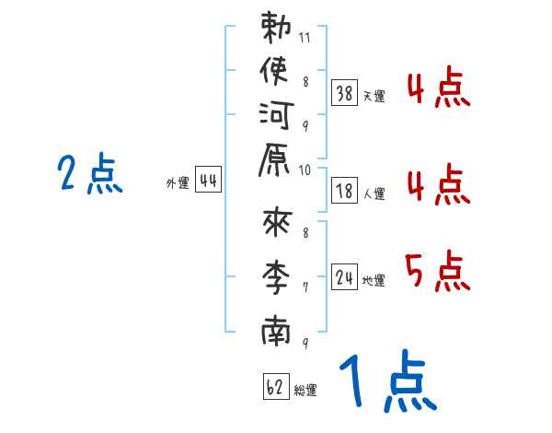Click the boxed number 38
344,93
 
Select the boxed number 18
344,191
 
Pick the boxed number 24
344,277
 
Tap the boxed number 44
208,181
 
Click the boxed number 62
274,387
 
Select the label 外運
178,183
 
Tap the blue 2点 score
89,173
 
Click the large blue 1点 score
387,381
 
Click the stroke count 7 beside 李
305,287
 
